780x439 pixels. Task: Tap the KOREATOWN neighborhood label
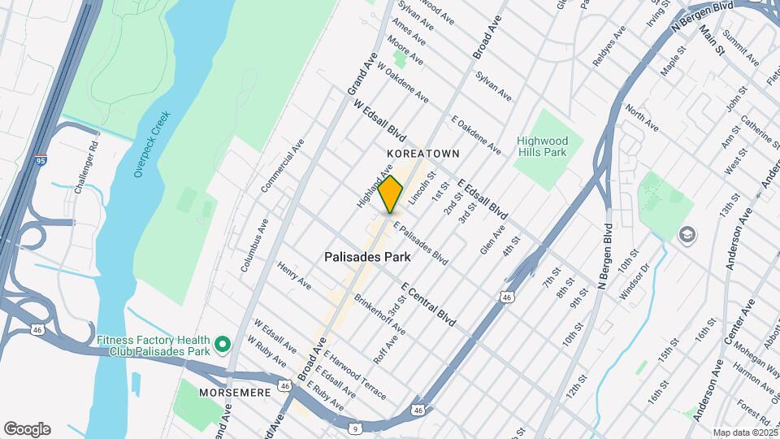click(423, 154)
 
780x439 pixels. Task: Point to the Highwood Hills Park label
click(543, 146)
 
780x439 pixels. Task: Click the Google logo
click(27, 429)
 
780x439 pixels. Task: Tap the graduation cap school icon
click(687, 234)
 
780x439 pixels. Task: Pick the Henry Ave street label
click(294, 276)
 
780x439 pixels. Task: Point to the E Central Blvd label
click(428, 305)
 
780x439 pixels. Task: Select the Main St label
click(711, 41)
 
